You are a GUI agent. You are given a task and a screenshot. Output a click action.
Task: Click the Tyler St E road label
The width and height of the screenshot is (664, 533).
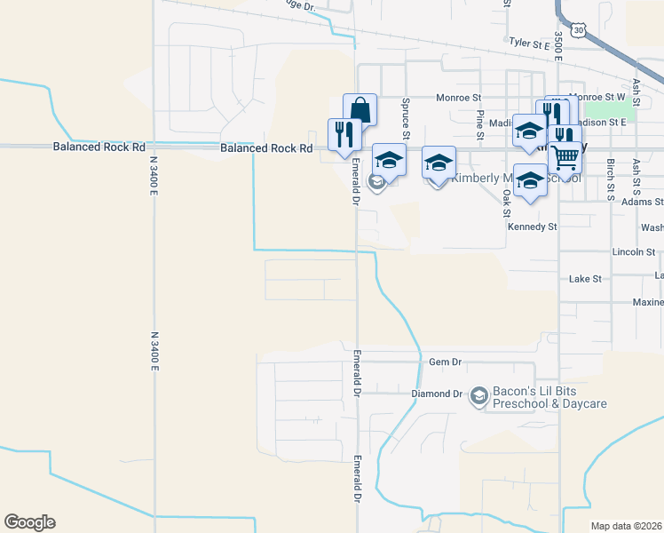click(530, 41)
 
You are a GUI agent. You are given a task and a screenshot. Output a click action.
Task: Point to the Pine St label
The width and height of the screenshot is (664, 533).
click(479, 125)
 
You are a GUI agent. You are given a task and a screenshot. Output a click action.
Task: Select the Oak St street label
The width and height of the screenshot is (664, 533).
click(507, 203)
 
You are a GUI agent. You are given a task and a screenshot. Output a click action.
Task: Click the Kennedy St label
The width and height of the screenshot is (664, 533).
click(532, 227)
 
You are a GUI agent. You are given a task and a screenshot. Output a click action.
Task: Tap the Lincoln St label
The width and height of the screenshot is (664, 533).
click(634, 252)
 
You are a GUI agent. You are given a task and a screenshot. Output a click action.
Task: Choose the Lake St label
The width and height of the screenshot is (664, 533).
click(585, 279)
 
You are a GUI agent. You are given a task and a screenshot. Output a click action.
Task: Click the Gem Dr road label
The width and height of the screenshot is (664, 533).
click(446, 362)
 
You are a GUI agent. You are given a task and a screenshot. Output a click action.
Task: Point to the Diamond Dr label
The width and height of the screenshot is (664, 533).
click(437, 394)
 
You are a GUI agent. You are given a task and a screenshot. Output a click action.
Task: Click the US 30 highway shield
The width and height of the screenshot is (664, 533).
click(579, 30)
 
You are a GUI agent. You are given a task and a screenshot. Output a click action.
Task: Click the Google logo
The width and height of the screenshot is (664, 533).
click(29, 522)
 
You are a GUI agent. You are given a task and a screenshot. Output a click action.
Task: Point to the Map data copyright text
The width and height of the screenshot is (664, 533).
click(625, 525)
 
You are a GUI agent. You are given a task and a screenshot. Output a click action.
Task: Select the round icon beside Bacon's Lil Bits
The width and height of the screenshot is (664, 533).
click(479, 394)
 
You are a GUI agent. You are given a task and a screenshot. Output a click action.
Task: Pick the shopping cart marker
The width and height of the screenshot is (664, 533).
click(565, 158)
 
